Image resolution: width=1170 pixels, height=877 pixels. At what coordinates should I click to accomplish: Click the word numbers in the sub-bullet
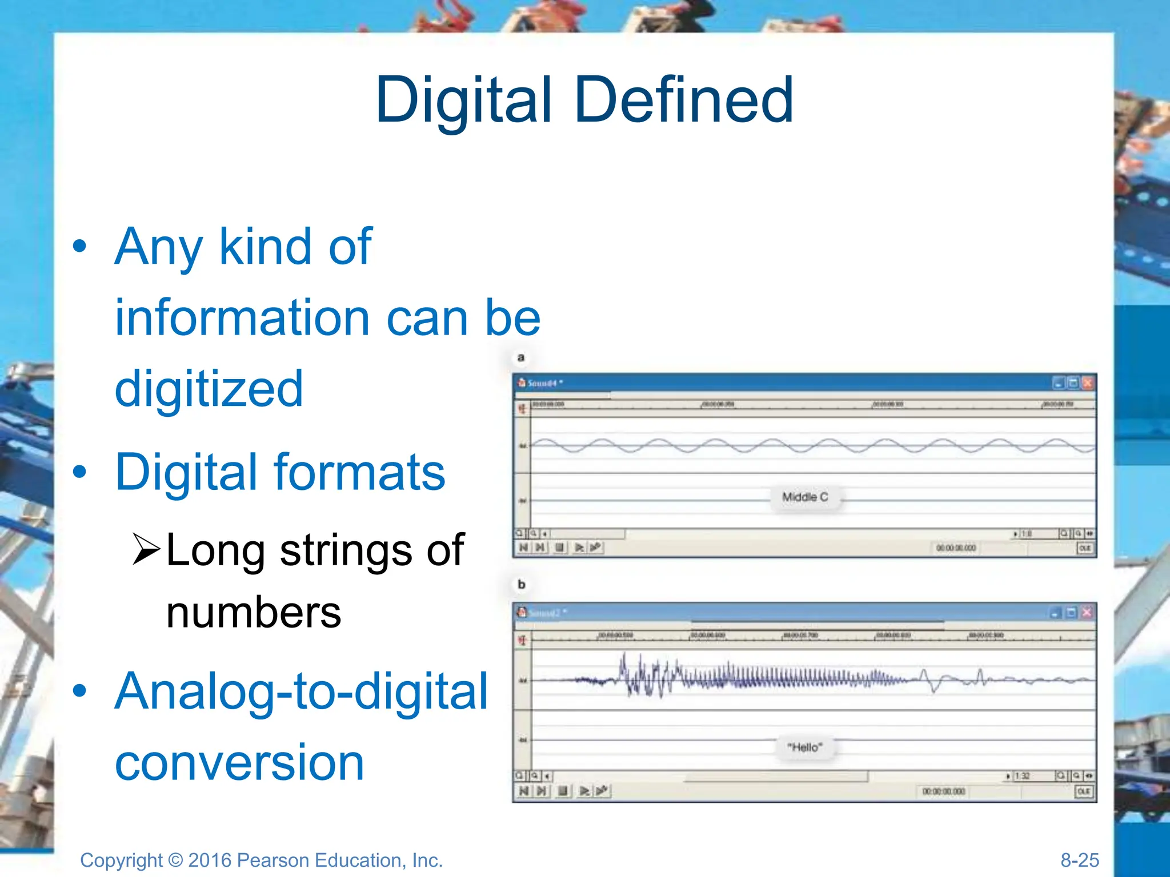tap(254, 613)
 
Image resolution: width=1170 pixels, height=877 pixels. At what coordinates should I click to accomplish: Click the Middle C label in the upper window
tap(804, 497)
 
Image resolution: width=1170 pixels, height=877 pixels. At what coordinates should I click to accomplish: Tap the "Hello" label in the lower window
tap(804, 747)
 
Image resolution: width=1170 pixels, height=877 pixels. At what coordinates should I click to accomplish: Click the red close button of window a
tap(1088, 383)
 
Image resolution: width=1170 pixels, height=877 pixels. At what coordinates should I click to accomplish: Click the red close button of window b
tap(1087, 613)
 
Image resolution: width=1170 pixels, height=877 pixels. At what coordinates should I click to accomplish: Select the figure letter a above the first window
tap(520, 358)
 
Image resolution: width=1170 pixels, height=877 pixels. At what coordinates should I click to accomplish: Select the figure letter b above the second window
tap(521, 585)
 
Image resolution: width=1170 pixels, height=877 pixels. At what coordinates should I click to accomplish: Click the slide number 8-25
tap(1079, 860)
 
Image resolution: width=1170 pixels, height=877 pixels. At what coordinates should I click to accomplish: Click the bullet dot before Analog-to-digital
tap(80, 690)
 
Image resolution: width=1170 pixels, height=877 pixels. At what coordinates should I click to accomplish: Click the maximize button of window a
tap(1073, 383)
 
